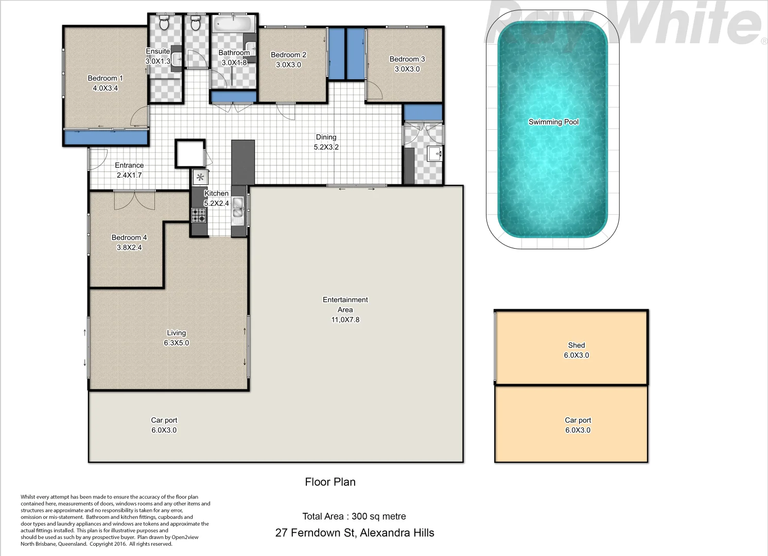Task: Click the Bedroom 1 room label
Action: pyautogui.click(x=105, y=78)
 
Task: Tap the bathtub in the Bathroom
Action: pyautogui.click(x=233, y=24)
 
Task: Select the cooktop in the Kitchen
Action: pyautogui.click(x=199, y=215)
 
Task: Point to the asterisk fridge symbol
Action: pyautogui.click(x=200, y=178)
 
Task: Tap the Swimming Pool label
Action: pyautogui.click(x=553, y=122)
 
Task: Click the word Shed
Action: pyautogui.click(x=576, y=345)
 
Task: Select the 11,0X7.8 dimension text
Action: pyautogui.click(x=345, y=320)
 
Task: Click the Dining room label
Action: pyautogui.click(x=326, y=137)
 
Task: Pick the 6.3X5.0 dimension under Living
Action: pyautogui.click(x=176, y=343)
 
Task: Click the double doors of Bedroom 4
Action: pyautogui.click(x=134, y=200)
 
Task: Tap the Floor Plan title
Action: pyautogui.click(x=330, y=482)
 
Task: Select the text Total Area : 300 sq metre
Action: pyautogui.click(x=354, y=516)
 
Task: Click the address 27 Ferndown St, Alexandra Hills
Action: pyautogui.click(x=355, y=533)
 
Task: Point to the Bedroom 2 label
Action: pyautogui.click(x=288, y=55)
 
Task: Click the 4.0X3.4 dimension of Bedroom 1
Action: pyautogui.click(x=105, y=88)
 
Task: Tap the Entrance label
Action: pyautogui.click(x=129, y=165)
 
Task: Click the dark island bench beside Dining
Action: pyautogui.click(x=243, y=162)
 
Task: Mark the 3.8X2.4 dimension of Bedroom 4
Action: pyautogui.click(x=129, y=248)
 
